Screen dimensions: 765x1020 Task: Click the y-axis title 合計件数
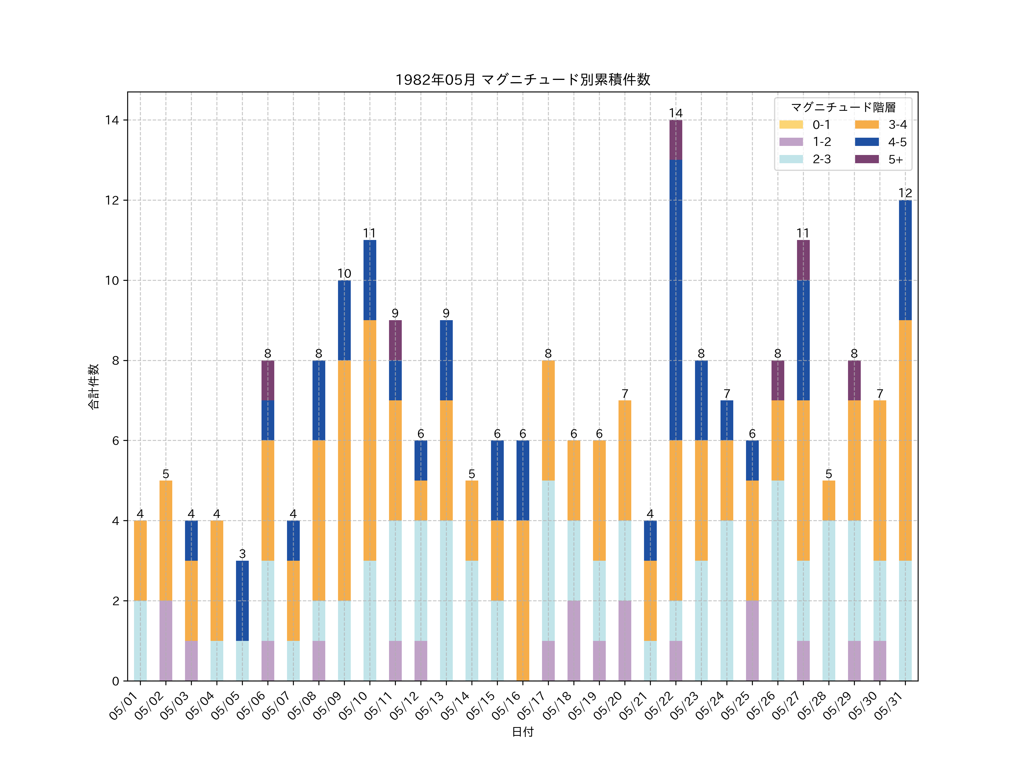(93, 386)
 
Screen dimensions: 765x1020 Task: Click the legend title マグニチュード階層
(843, 107)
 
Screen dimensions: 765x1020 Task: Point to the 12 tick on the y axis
(112, 200)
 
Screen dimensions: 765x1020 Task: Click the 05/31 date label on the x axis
(890, 705)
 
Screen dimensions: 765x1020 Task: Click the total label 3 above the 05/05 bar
(242, 553)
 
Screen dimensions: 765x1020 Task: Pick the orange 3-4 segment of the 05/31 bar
(905, 440)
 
